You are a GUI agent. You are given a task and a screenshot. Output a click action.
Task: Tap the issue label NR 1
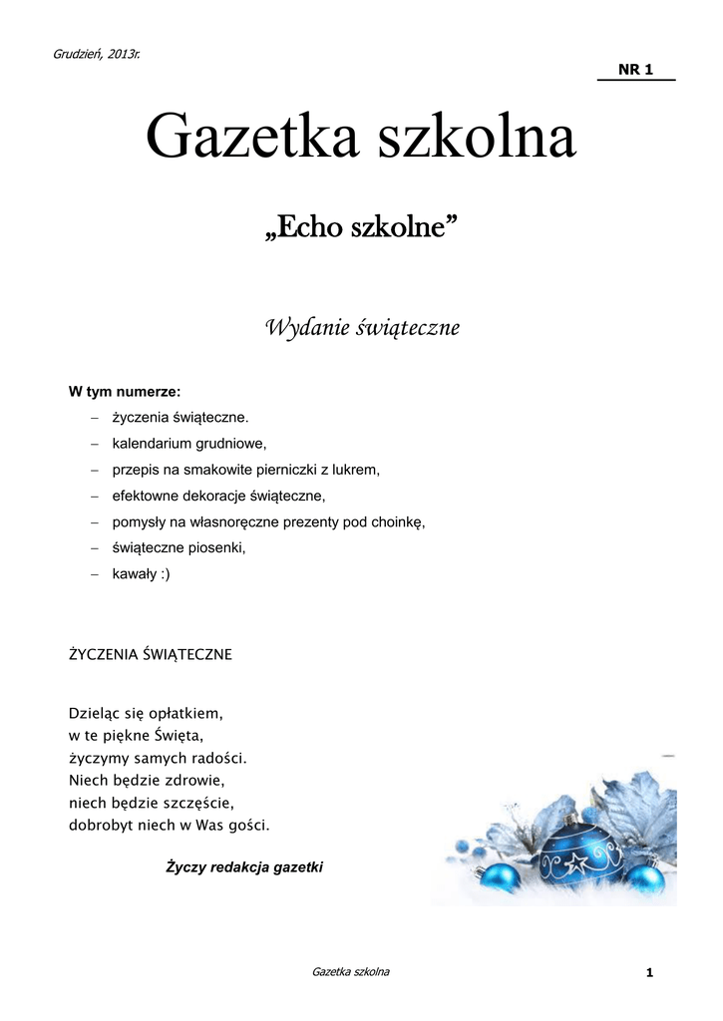(635, 69)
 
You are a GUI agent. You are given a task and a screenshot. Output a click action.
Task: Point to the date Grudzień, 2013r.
(96, 53)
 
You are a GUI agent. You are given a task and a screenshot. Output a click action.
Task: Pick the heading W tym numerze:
(124, 391)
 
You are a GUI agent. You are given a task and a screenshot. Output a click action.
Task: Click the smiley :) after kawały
(163, 574)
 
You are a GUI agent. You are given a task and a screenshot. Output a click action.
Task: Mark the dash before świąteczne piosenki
(95, 548)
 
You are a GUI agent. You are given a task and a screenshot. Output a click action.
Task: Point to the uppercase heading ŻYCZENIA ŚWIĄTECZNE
(150, 654)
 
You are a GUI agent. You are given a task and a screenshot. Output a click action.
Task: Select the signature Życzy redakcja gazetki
(244, 867)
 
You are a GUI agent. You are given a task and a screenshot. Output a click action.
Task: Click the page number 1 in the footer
(648, 973)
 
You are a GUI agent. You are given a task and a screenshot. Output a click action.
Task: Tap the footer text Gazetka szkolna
(350, 971)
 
